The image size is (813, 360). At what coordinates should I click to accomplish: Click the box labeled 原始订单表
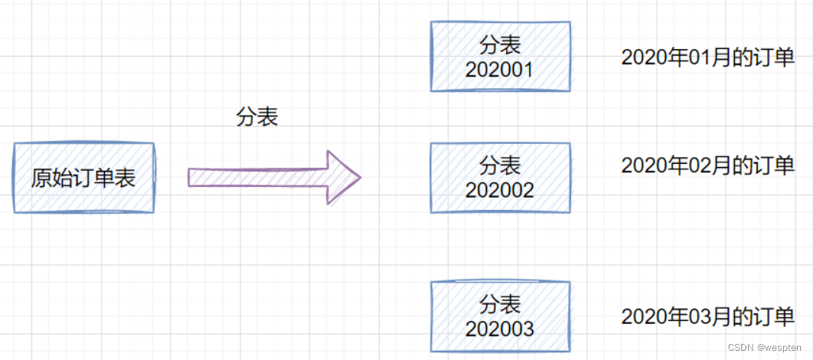(x=83, y=178)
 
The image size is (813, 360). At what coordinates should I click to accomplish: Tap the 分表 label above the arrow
(x=257, y=117)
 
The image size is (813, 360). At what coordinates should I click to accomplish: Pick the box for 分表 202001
(x=501, y=56)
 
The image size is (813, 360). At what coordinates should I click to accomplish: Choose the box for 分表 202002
(x=501, y=177)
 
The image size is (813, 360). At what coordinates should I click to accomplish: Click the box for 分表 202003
(x=501, y=316)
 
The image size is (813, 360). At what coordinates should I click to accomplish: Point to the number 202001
(x=500, y=70)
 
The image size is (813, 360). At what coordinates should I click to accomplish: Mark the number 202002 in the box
(x=500, y=189)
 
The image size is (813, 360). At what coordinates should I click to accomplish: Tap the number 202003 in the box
(x=500, y=329)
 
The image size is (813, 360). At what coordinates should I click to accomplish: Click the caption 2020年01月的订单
(x=708, y=57)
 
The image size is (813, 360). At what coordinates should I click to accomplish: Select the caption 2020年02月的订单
(x=708, y=165)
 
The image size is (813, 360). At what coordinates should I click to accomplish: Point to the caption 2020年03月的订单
(x=708, y=317)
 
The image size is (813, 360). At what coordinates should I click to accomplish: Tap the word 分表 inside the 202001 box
(x=500, y=44)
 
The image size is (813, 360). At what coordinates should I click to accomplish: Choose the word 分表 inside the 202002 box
(x=500, y=165)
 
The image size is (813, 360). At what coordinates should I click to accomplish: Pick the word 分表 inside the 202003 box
(x=500, y=305)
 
